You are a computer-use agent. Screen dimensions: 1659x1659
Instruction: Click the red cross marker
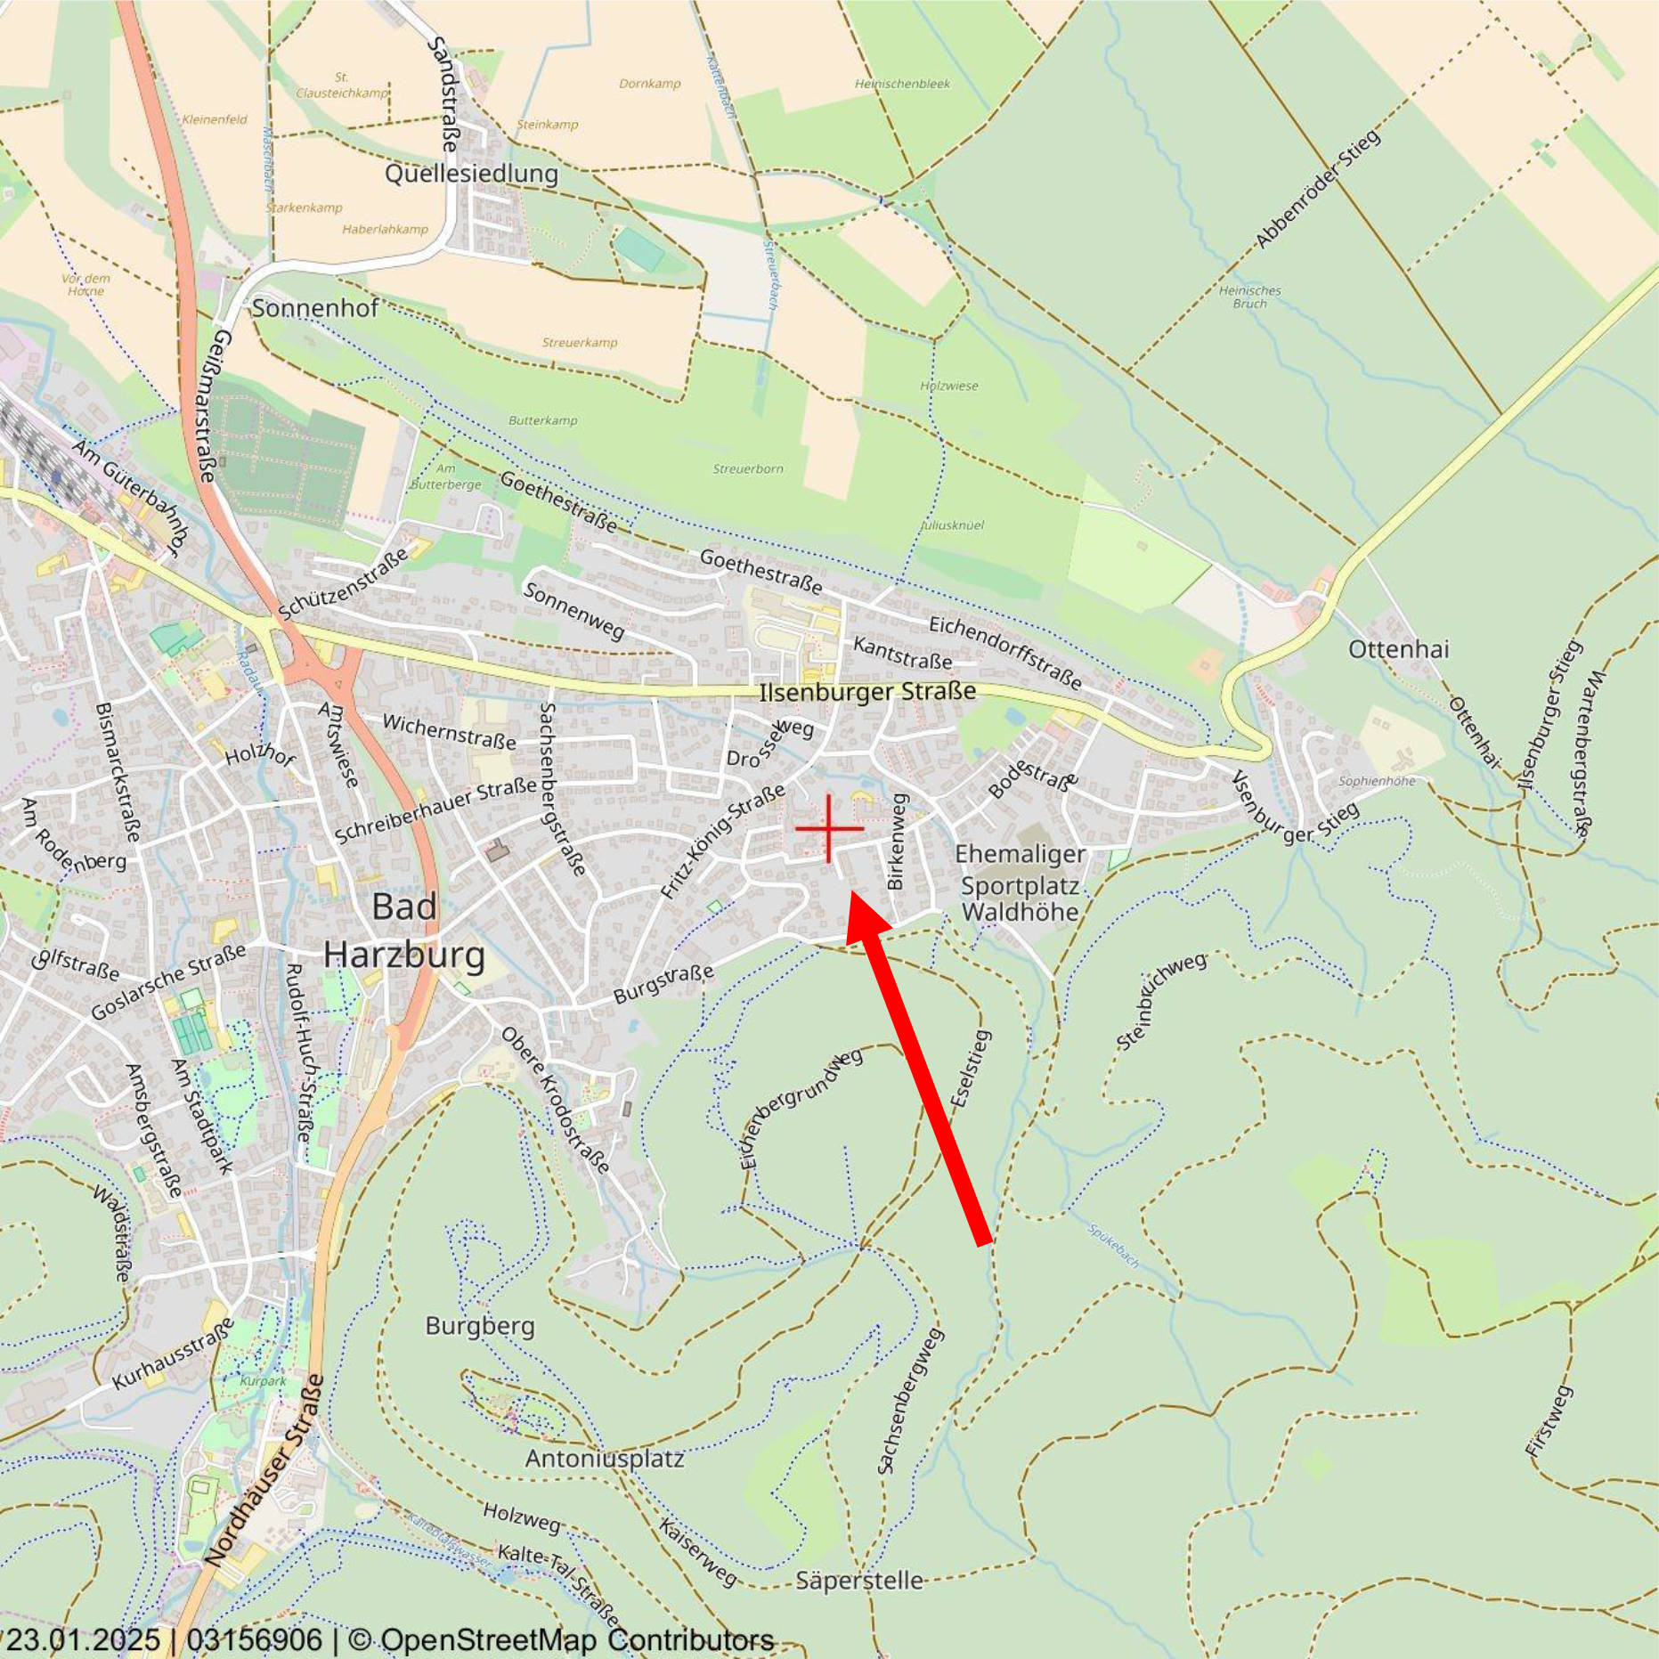829,828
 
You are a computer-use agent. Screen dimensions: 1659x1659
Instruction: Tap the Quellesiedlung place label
471,174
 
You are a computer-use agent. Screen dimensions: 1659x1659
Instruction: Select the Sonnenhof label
315,309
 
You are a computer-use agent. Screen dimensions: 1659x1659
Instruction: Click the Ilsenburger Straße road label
867,692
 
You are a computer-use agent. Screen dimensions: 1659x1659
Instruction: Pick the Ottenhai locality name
1398,649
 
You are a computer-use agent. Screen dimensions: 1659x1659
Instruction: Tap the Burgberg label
480,1326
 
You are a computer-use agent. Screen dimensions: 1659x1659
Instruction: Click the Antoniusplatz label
605,1459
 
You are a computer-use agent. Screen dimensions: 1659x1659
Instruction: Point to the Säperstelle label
859,1581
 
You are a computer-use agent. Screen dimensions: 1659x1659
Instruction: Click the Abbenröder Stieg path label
1317,189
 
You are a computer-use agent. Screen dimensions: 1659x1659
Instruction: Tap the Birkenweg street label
896,842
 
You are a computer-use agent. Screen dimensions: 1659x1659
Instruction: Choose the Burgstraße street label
664,984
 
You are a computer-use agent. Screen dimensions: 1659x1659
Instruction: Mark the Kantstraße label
902,654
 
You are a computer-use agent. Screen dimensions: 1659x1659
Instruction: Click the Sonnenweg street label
574,611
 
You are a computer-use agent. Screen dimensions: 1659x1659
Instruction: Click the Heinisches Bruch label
1249,297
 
